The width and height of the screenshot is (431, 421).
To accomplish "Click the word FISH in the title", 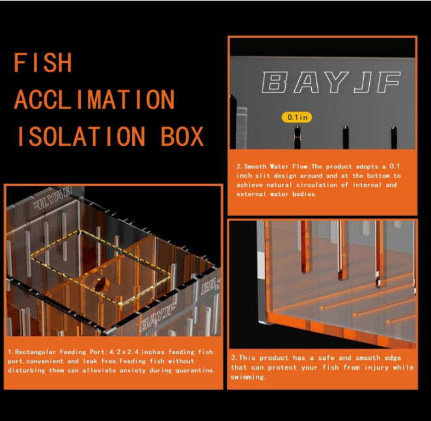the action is (43, 64).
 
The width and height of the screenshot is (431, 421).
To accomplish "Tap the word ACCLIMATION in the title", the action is (94, 100).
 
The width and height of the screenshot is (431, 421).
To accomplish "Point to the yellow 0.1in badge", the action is (296, 117).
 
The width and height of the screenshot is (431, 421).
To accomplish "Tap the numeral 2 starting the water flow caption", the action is (238, 167).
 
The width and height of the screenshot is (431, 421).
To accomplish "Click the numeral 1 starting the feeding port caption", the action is (10, 352).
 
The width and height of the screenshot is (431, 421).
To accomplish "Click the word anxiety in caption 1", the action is (146, 370).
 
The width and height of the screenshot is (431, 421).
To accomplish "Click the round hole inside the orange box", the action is (99, 284).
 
